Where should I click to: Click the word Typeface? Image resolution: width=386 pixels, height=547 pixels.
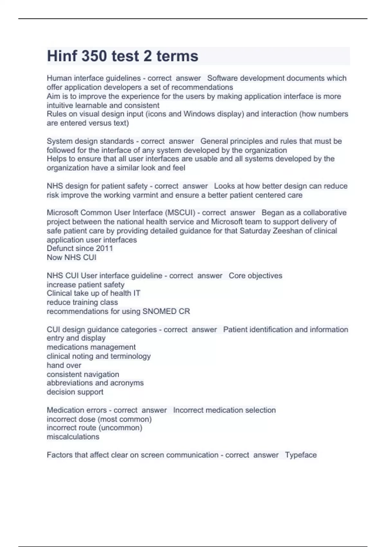[301, 455]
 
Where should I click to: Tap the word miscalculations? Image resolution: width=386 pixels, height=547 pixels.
[73, 437]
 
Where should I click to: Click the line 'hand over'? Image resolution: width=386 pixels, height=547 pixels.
[64, 365]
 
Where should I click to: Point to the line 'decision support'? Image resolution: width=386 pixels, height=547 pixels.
[75, 392]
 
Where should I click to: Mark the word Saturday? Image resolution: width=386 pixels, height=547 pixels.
[255, 231]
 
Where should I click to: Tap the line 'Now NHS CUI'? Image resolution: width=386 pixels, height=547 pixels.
[71, 257]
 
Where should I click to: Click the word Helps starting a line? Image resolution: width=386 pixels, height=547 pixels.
[56, 159]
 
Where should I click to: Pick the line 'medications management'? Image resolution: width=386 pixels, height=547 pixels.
[91, 347]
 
